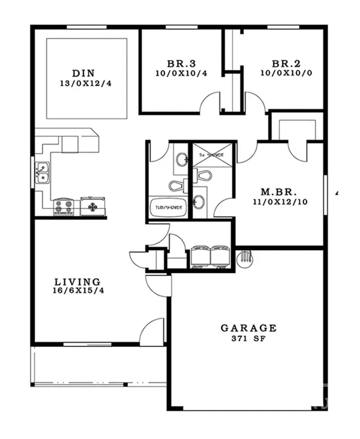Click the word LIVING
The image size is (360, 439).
click(x=77, y=282)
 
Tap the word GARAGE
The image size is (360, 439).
click(x=248, y=328)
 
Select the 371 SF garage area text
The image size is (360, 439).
click(x=248, y=338)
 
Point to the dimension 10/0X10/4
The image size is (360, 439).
click(x=181, y=73)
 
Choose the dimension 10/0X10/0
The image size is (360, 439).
click(x=285, y=73)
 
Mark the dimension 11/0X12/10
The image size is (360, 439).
click(x=280, y=202)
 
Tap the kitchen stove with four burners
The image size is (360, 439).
click(x=64, y=207)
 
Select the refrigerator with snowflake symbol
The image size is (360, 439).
click(x=93, y=206)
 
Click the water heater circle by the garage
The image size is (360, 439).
click(x=246, y=259)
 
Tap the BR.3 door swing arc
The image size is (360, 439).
click(x=210, y=103)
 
